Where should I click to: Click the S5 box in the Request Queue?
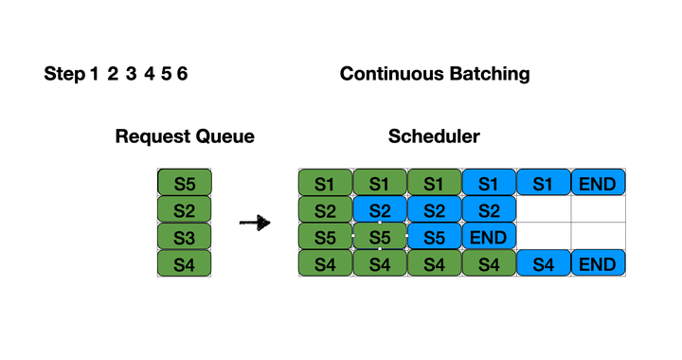185,182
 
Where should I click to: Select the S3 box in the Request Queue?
185,236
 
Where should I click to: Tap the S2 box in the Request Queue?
185,208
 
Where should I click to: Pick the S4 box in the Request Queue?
185,263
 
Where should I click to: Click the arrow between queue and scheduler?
254,224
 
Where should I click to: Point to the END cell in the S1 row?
599,182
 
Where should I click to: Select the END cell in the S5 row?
489,236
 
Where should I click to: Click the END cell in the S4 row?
599,263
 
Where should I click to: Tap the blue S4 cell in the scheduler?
544,263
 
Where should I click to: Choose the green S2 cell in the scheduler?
325,208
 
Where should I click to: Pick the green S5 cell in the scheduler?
325,236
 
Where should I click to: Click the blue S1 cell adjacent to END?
544,182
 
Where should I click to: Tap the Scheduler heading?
434,136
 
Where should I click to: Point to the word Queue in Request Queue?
224,136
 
